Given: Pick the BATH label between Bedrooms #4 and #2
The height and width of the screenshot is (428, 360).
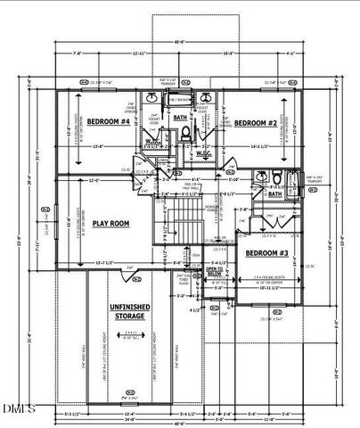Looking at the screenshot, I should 180,117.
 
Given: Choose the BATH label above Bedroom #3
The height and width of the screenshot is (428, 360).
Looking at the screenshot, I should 275,193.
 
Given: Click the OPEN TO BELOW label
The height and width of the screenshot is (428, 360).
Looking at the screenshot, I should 215,269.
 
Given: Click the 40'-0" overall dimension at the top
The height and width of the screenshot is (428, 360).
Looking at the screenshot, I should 179,41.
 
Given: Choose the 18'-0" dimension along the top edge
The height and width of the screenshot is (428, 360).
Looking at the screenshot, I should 228,53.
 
